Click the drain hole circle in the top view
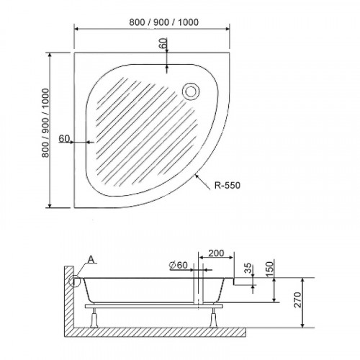point(191,91)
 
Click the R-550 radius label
point(228,185)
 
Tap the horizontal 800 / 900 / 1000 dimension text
point(164,22)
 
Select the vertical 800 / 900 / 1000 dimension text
point(45,123)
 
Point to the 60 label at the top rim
point(163,43)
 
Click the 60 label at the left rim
point(64,138)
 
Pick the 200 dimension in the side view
point(216,253)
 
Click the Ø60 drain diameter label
point(178,265)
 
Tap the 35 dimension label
point(248,269)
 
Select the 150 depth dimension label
point(270,269)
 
